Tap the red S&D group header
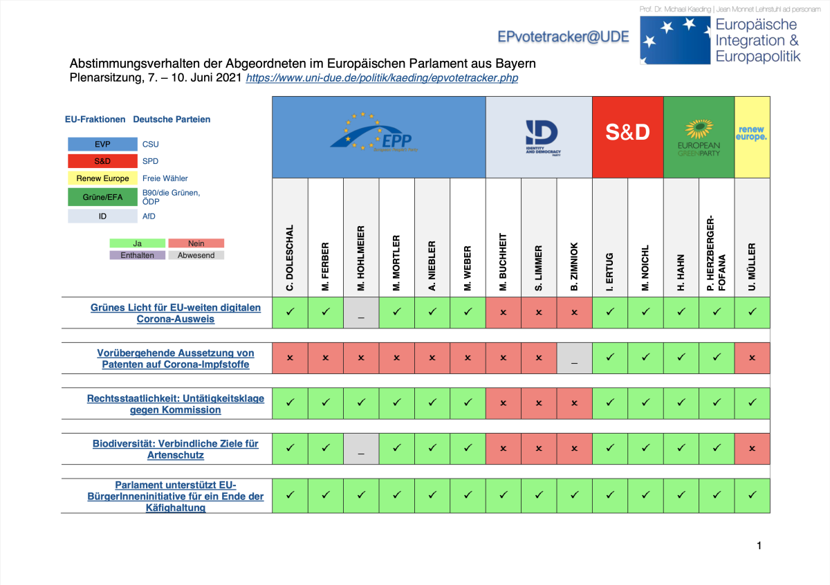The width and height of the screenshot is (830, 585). [x=627, y=133]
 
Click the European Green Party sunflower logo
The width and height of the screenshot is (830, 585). [x=699, y=129]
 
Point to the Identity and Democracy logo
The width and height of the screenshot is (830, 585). [x=539, y=133]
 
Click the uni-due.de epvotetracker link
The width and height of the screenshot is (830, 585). [x=382, y=78]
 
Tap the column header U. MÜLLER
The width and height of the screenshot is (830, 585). [x=752, y=266]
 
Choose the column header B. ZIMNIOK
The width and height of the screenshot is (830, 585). [x=574, y=266]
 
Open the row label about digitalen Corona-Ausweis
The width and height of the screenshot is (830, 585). [x=176, y=313]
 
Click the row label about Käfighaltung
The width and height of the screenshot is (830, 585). [x=176, y=496]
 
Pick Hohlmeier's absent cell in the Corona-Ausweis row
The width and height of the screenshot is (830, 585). [x=361, y=313]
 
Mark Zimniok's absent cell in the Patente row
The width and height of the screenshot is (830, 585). [x=574, y=358]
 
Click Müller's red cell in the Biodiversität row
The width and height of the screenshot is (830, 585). [x=752, y=449]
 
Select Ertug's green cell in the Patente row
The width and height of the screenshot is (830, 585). [x=610, y=358]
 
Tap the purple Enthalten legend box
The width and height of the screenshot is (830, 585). [x=138, y=255]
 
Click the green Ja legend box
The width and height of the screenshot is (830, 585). [x=138, y=243]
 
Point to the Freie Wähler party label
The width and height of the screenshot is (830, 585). [x=165, y=178]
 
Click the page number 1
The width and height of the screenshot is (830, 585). [x=759, y=546]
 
